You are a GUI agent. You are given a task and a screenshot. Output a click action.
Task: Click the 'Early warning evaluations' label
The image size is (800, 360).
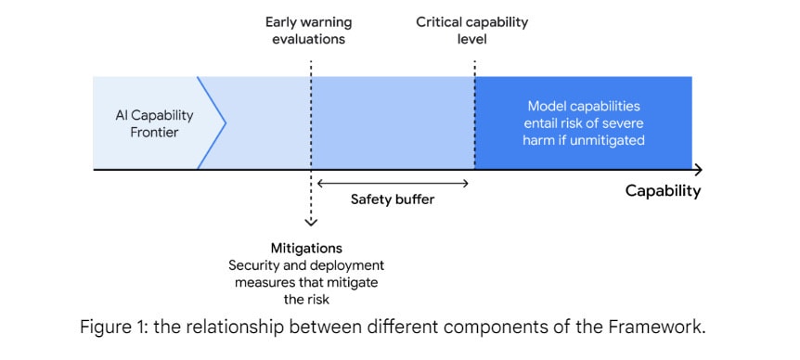coord(309,31)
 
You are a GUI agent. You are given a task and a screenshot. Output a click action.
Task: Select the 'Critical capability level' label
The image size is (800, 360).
coord(472,31)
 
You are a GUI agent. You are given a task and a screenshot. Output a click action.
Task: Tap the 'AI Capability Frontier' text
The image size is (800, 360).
coord(154,123)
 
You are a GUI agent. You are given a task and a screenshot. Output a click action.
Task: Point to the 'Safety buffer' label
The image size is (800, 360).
coord(393,199)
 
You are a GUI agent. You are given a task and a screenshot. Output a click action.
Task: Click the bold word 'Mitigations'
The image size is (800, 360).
coord(306,249)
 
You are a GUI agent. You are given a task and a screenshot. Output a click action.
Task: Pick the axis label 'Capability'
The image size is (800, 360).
coord(663,191)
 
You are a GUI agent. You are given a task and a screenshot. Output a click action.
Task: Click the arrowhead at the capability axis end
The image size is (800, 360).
coord(699,169)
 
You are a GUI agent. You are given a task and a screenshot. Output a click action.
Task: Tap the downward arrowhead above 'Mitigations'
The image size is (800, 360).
coord(311,222)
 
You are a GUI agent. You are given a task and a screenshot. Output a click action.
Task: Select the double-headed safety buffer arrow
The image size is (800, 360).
coord(393,183)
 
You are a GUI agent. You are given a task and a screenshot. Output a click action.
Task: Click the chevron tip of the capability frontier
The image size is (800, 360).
coord(225,122)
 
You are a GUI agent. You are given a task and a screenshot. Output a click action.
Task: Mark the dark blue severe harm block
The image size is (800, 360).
coord(583,122)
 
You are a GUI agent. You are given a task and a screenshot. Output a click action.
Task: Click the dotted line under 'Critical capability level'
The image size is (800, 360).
coord(475,115)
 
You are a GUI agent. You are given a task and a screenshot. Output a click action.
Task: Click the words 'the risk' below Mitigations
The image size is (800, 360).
coord(306,299)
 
